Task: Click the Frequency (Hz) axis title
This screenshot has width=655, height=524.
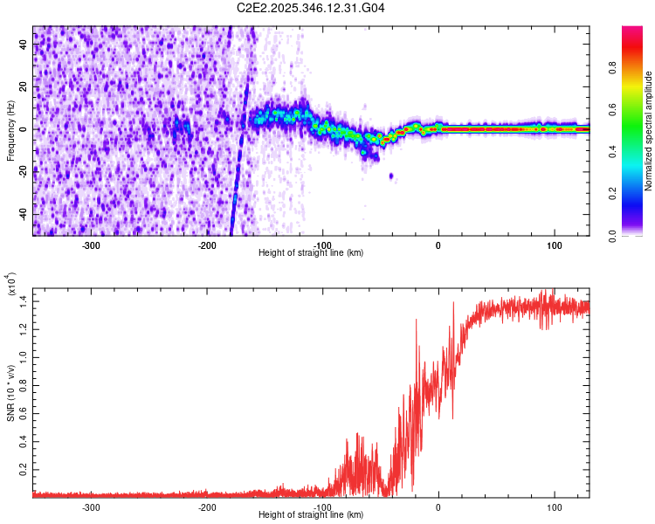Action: point(10,131)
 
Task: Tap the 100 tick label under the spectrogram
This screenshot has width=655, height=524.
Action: point(554,245)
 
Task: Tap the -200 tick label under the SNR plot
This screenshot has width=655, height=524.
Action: point(208,507)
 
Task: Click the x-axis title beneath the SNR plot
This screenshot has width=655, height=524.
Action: point(312,515)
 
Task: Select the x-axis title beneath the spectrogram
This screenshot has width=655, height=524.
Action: point(312,253)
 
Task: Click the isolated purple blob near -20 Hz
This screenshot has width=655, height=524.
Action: point(390,176)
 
